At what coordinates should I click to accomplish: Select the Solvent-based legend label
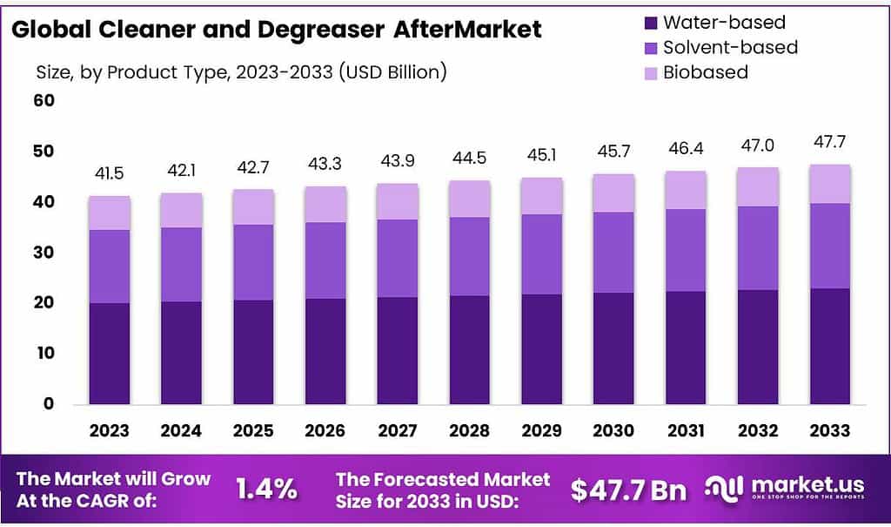point(730,47)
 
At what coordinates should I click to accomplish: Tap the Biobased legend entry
point(706,72)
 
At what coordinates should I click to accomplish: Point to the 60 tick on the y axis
point(44,101)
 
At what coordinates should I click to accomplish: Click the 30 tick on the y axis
point(44,253)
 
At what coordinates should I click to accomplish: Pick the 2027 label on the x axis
point(398,430)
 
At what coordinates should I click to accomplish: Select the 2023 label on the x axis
point(109,430)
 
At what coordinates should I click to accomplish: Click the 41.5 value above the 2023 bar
point(109,174)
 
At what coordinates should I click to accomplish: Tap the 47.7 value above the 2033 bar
point(830,142)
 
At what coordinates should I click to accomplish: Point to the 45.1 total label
point(541,156)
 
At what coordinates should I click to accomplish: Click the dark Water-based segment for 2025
point(253,352)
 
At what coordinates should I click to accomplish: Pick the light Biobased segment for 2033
point(830,184)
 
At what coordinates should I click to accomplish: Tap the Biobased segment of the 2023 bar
point(109,213)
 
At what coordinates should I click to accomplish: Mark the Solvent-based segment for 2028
point(470,256)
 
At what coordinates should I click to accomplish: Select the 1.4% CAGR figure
point(267,490)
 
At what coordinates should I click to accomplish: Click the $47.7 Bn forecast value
point(628,490)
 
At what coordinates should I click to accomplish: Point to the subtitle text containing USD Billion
point(241,71)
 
